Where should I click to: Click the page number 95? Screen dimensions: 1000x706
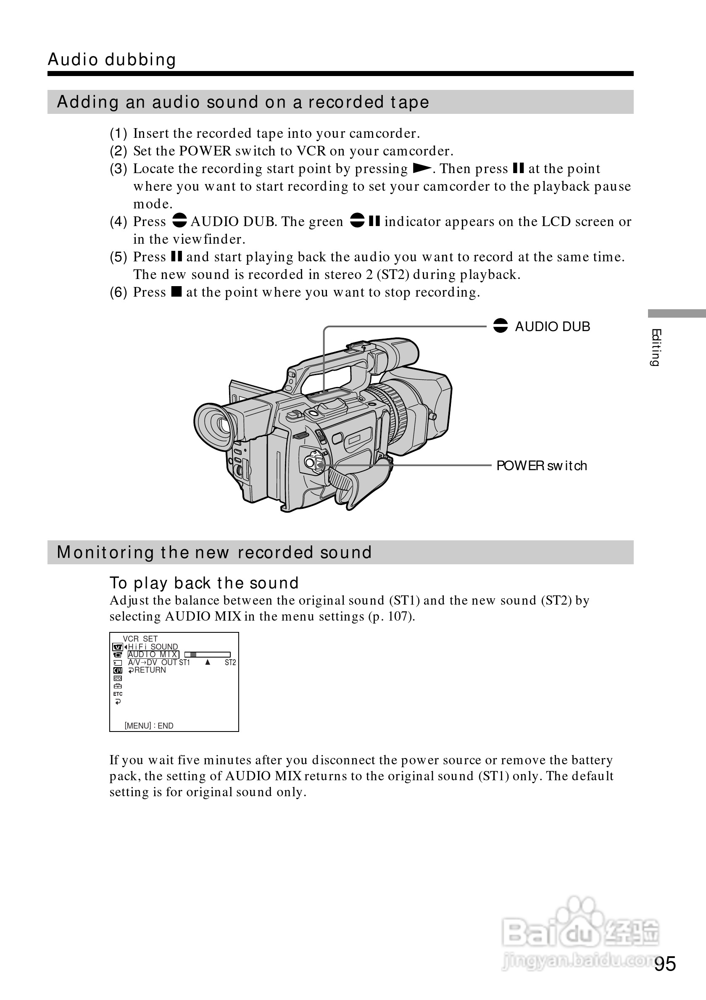[665, 964]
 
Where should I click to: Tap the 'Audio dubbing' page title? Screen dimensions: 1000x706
[112, 60]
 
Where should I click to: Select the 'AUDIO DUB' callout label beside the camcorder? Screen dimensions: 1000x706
[552, 326]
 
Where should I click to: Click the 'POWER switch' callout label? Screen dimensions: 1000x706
[541, 466]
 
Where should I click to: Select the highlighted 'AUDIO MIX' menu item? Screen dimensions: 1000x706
[153, 654]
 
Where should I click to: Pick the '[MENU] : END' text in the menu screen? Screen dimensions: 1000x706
[149, 726]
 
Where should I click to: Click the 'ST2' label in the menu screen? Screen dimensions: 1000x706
[230, 663]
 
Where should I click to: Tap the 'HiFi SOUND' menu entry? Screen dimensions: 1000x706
[153, 647]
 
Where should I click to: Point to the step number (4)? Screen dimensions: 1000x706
[118, 222]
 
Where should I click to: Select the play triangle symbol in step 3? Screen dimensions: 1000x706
[421, 168]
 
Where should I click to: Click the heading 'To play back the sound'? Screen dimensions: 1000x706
[204, 583]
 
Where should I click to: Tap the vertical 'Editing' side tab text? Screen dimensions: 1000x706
[656, 347]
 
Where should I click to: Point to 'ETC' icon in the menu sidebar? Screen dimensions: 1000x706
[118, 694]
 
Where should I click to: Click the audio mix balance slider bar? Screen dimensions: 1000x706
[207, 654]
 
